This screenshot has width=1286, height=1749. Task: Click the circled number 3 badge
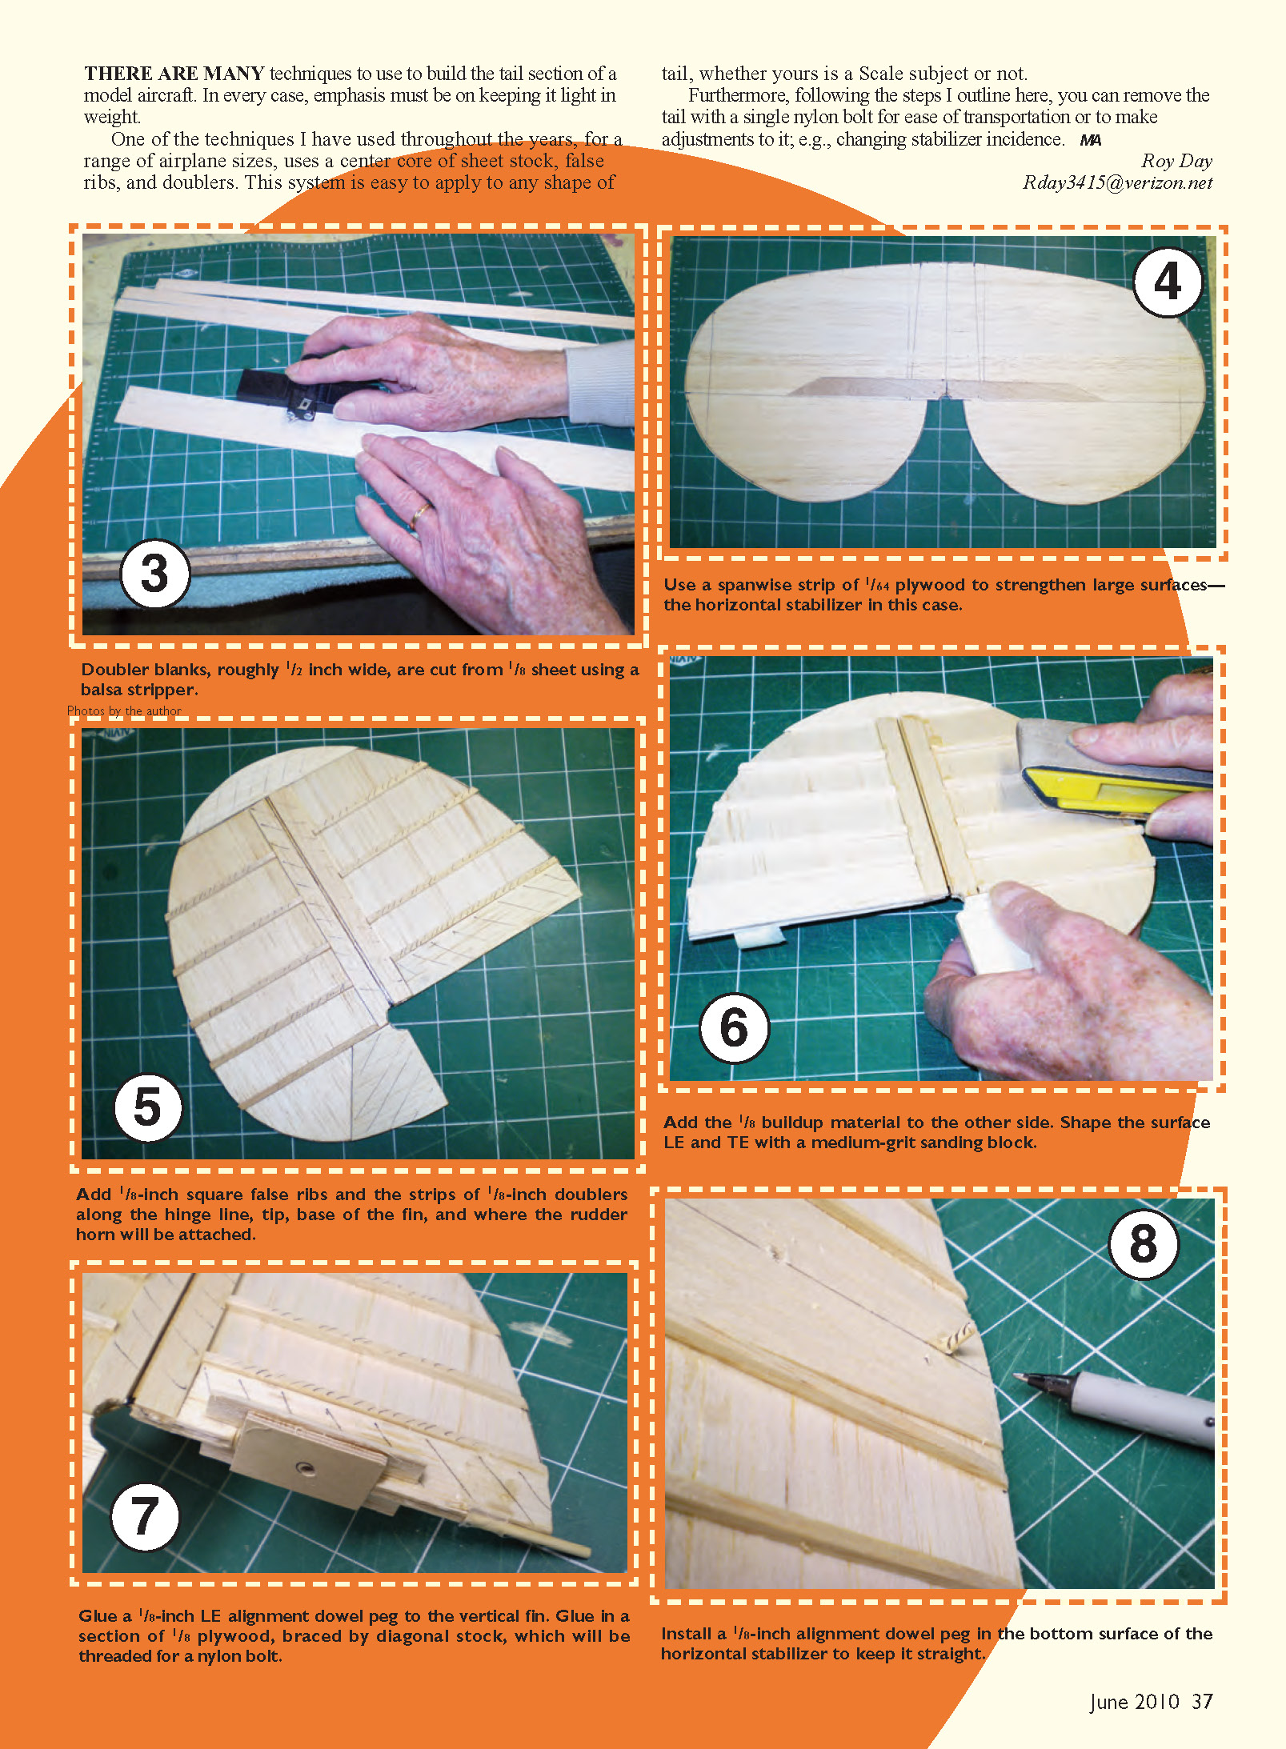(154, 574)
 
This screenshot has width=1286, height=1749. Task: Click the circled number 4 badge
(1168, 282)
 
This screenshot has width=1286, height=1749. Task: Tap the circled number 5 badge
(148, 1107)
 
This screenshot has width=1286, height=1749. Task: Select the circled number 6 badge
(734, 1028)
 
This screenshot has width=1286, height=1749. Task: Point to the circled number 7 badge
(144, 1516)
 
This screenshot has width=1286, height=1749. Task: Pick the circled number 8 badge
(1143, 1243)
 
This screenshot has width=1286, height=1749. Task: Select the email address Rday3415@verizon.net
(1117, 182)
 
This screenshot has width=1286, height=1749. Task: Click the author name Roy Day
(1176, 161)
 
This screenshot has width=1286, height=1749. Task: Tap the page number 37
(1202, 1701)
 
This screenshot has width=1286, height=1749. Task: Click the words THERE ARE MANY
(174, 74)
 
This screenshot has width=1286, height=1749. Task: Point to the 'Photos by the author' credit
(124, 710)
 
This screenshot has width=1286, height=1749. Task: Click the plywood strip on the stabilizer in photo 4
(943, 387)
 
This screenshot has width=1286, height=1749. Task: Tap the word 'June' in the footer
(1109, 1702)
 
